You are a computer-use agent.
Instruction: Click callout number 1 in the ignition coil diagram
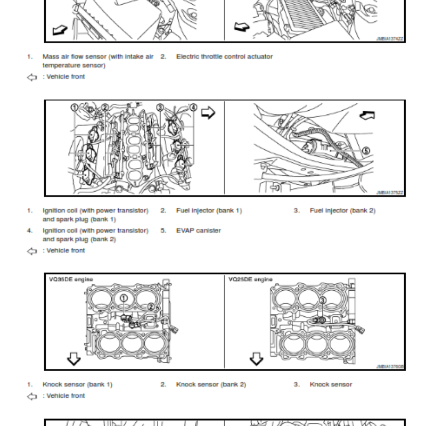click(75, 108)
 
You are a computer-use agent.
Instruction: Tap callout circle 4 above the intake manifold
click(193, 108)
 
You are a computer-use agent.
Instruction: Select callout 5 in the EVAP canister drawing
click(365, 151)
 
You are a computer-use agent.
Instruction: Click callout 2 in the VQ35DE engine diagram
click(151, 306)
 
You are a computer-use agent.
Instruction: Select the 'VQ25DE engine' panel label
click(250, 279)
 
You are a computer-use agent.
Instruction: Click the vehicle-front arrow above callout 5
click(367, 114)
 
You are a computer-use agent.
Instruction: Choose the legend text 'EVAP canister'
click(198, 231)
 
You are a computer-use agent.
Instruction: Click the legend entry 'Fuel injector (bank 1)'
click(209, 210)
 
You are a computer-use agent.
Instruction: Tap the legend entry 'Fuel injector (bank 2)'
click(342, 210)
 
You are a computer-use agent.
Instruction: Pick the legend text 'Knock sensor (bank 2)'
click(211, 384)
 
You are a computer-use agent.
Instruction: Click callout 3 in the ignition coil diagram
click(159, 108)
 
